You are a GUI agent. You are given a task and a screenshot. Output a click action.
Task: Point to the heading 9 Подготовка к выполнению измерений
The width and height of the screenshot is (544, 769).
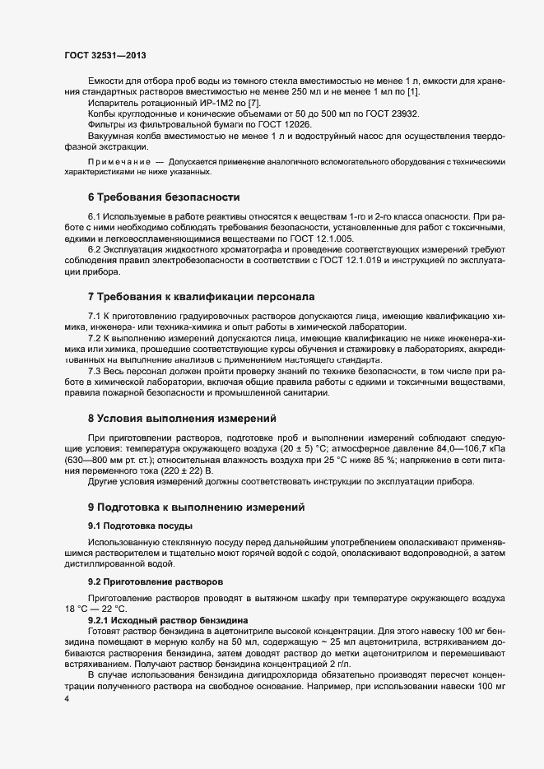coord(196,507)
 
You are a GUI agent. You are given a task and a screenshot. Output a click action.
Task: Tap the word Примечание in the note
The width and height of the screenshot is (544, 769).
coord(116,162)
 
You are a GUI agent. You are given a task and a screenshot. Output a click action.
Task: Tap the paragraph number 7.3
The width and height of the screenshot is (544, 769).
coord(95,370)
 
